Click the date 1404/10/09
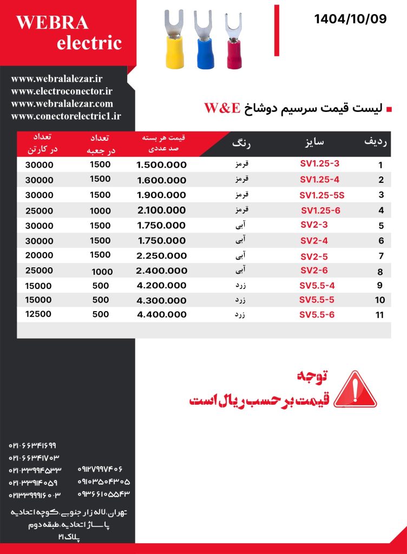(350, 19)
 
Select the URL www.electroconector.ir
(61, 91)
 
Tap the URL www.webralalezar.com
(62, 103)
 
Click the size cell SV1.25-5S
(321, 195)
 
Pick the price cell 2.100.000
(161, 210)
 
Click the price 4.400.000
(161, 314)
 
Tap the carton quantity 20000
(38, 255)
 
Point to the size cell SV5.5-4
(317, 285)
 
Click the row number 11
(379, 315)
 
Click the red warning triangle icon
(355, 390)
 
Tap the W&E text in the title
(222, 108)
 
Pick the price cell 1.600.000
(161, 181)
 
